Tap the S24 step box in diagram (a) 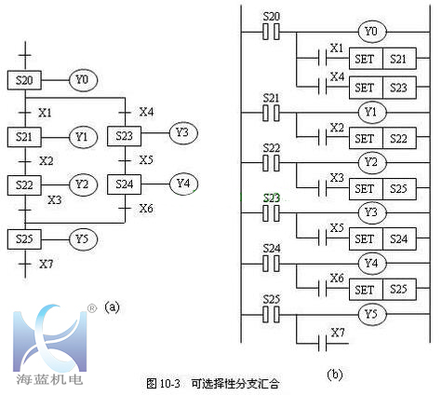125,184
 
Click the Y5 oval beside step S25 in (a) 83,239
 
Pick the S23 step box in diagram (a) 125,136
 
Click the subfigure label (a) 112,305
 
